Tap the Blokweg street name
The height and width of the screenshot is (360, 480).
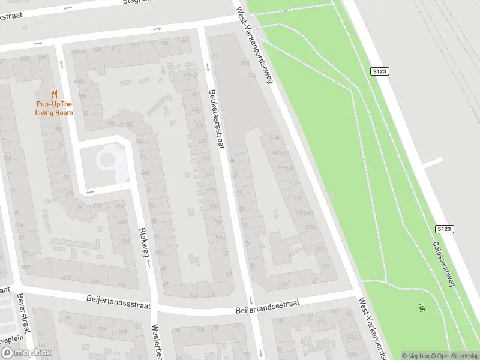[143, 242]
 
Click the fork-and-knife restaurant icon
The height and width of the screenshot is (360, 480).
[54, 94]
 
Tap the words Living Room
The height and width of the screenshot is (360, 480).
[54, 113]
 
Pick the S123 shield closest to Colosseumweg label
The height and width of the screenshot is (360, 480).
[444, 229]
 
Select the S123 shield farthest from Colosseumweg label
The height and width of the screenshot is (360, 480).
[380, 71]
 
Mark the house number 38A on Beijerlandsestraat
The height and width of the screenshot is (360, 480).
[102, 329]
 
